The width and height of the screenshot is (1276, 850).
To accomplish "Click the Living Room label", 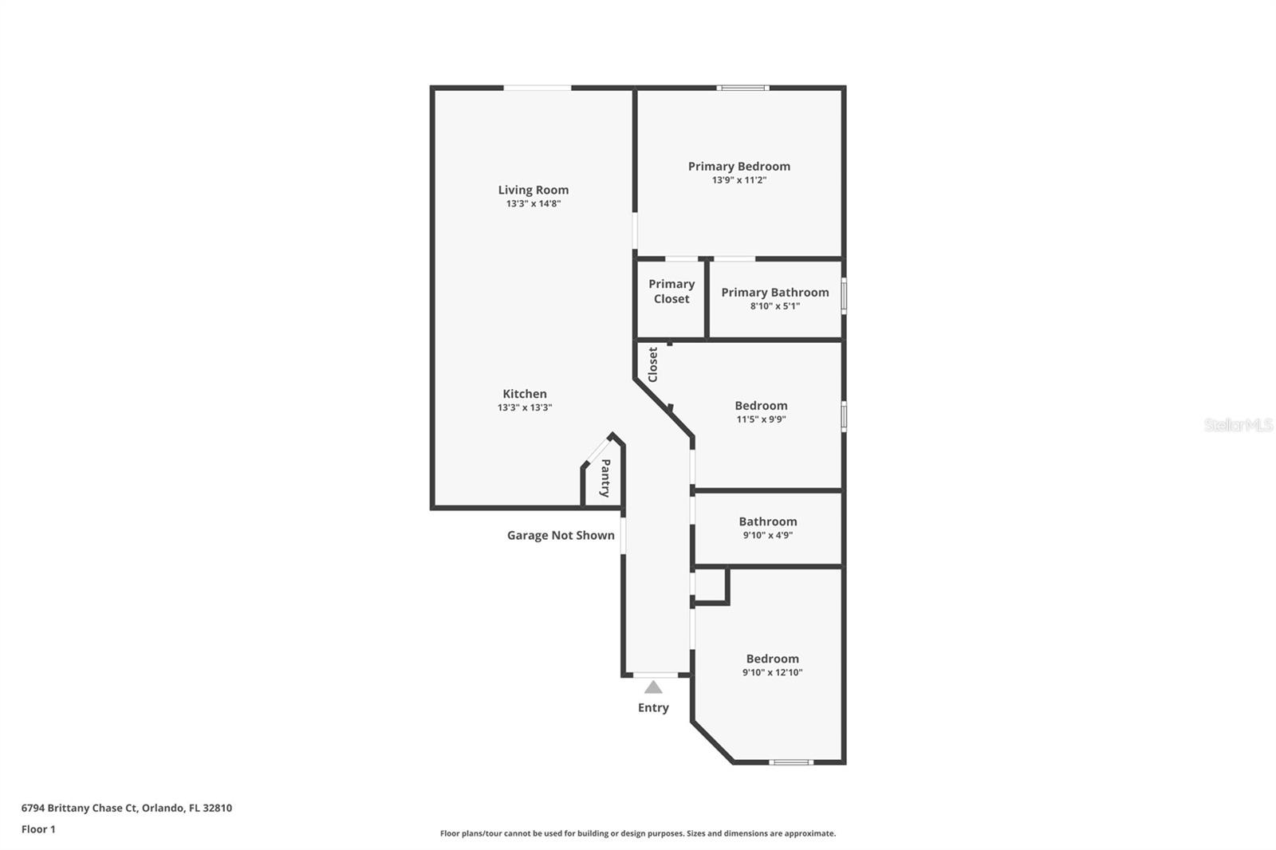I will pos(533,190).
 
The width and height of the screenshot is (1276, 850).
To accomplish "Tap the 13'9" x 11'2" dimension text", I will pos(738,180).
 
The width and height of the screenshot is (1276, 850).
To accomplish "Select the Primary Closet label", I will pos(671,291).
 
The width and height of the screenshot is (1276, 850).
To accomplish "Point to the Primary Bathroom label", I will pos(774,293).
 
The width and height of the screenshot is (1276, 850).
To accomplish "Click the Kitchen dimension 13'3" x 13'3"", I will pos(524,407).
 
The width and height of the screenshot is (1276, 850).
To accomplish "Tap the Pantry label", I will pos(605,478).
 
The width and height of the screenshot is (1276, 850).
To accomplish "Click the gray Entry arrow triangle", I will pos(653,687).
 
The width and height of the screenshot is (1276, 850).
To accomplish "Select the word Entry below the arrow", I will pos(653,708).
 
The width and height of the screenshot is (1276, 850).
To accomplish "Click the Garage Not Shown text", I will pos(561,535).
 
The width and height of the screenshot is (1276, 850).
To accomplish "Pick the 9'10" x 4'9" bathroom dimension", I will pos(767,535).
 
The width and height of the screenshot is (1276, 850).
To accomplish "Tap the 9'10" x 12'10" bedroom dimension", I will pos(772,672).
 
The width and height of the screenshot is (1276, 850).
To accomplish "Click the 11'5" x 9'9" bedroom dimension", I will pos(761,419).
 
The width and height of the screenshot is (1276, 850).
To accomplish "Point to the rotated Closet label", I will pos(653,364).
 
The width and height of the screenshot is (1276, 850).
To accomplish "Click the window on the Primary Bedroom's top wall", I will pos(742,88).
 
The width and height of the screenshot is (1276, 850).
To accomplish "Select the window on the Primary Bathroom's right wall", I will pos(844,295).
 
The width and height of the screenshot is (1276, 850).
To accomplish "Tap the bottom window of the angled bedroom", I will pos(791,762).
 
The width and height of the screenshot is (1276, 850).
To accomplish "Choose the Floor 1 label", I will pos(38,829).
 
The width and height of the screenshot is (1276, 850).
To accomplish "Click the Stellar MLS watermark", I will pos(1238,425).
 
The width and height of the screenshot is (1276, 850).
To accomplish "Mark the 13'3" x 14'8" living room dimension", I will pos(533,203).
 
